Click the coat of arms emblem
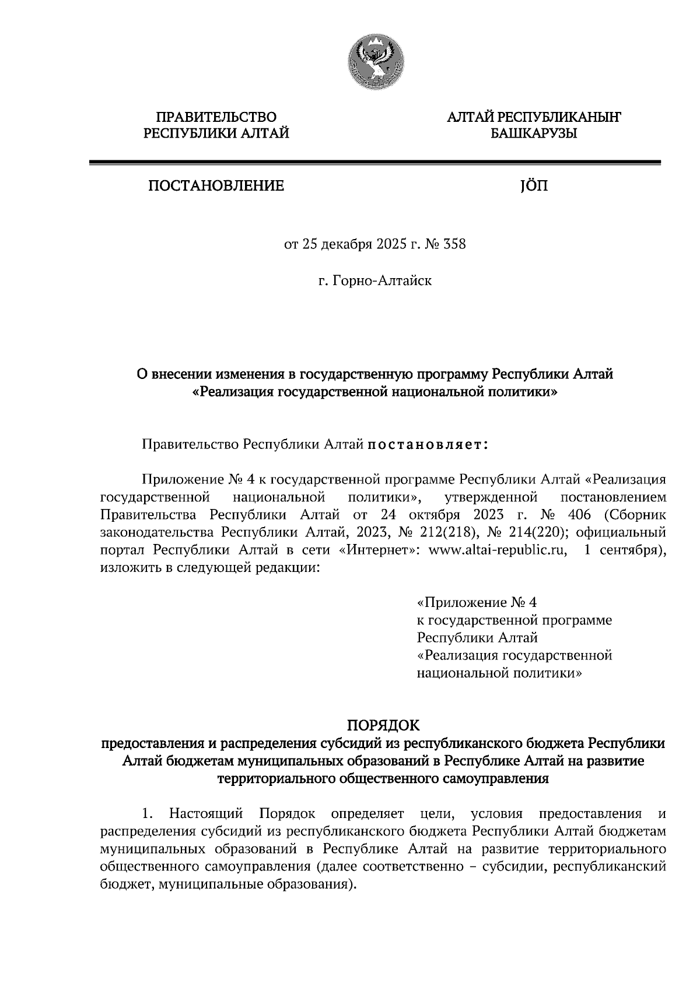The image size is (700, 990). [374, 61]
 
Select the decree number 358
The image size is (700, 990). [454, 244]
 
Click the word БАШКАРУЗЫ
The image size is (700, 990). [533, 134]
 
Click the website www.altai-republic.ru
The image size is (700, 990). [498, 551]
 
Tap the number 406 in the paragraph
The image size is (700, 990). [578, 515]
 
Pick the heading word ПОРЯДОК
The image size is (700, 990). [383, 725]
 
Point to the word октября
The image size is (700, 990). [427, 515]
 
